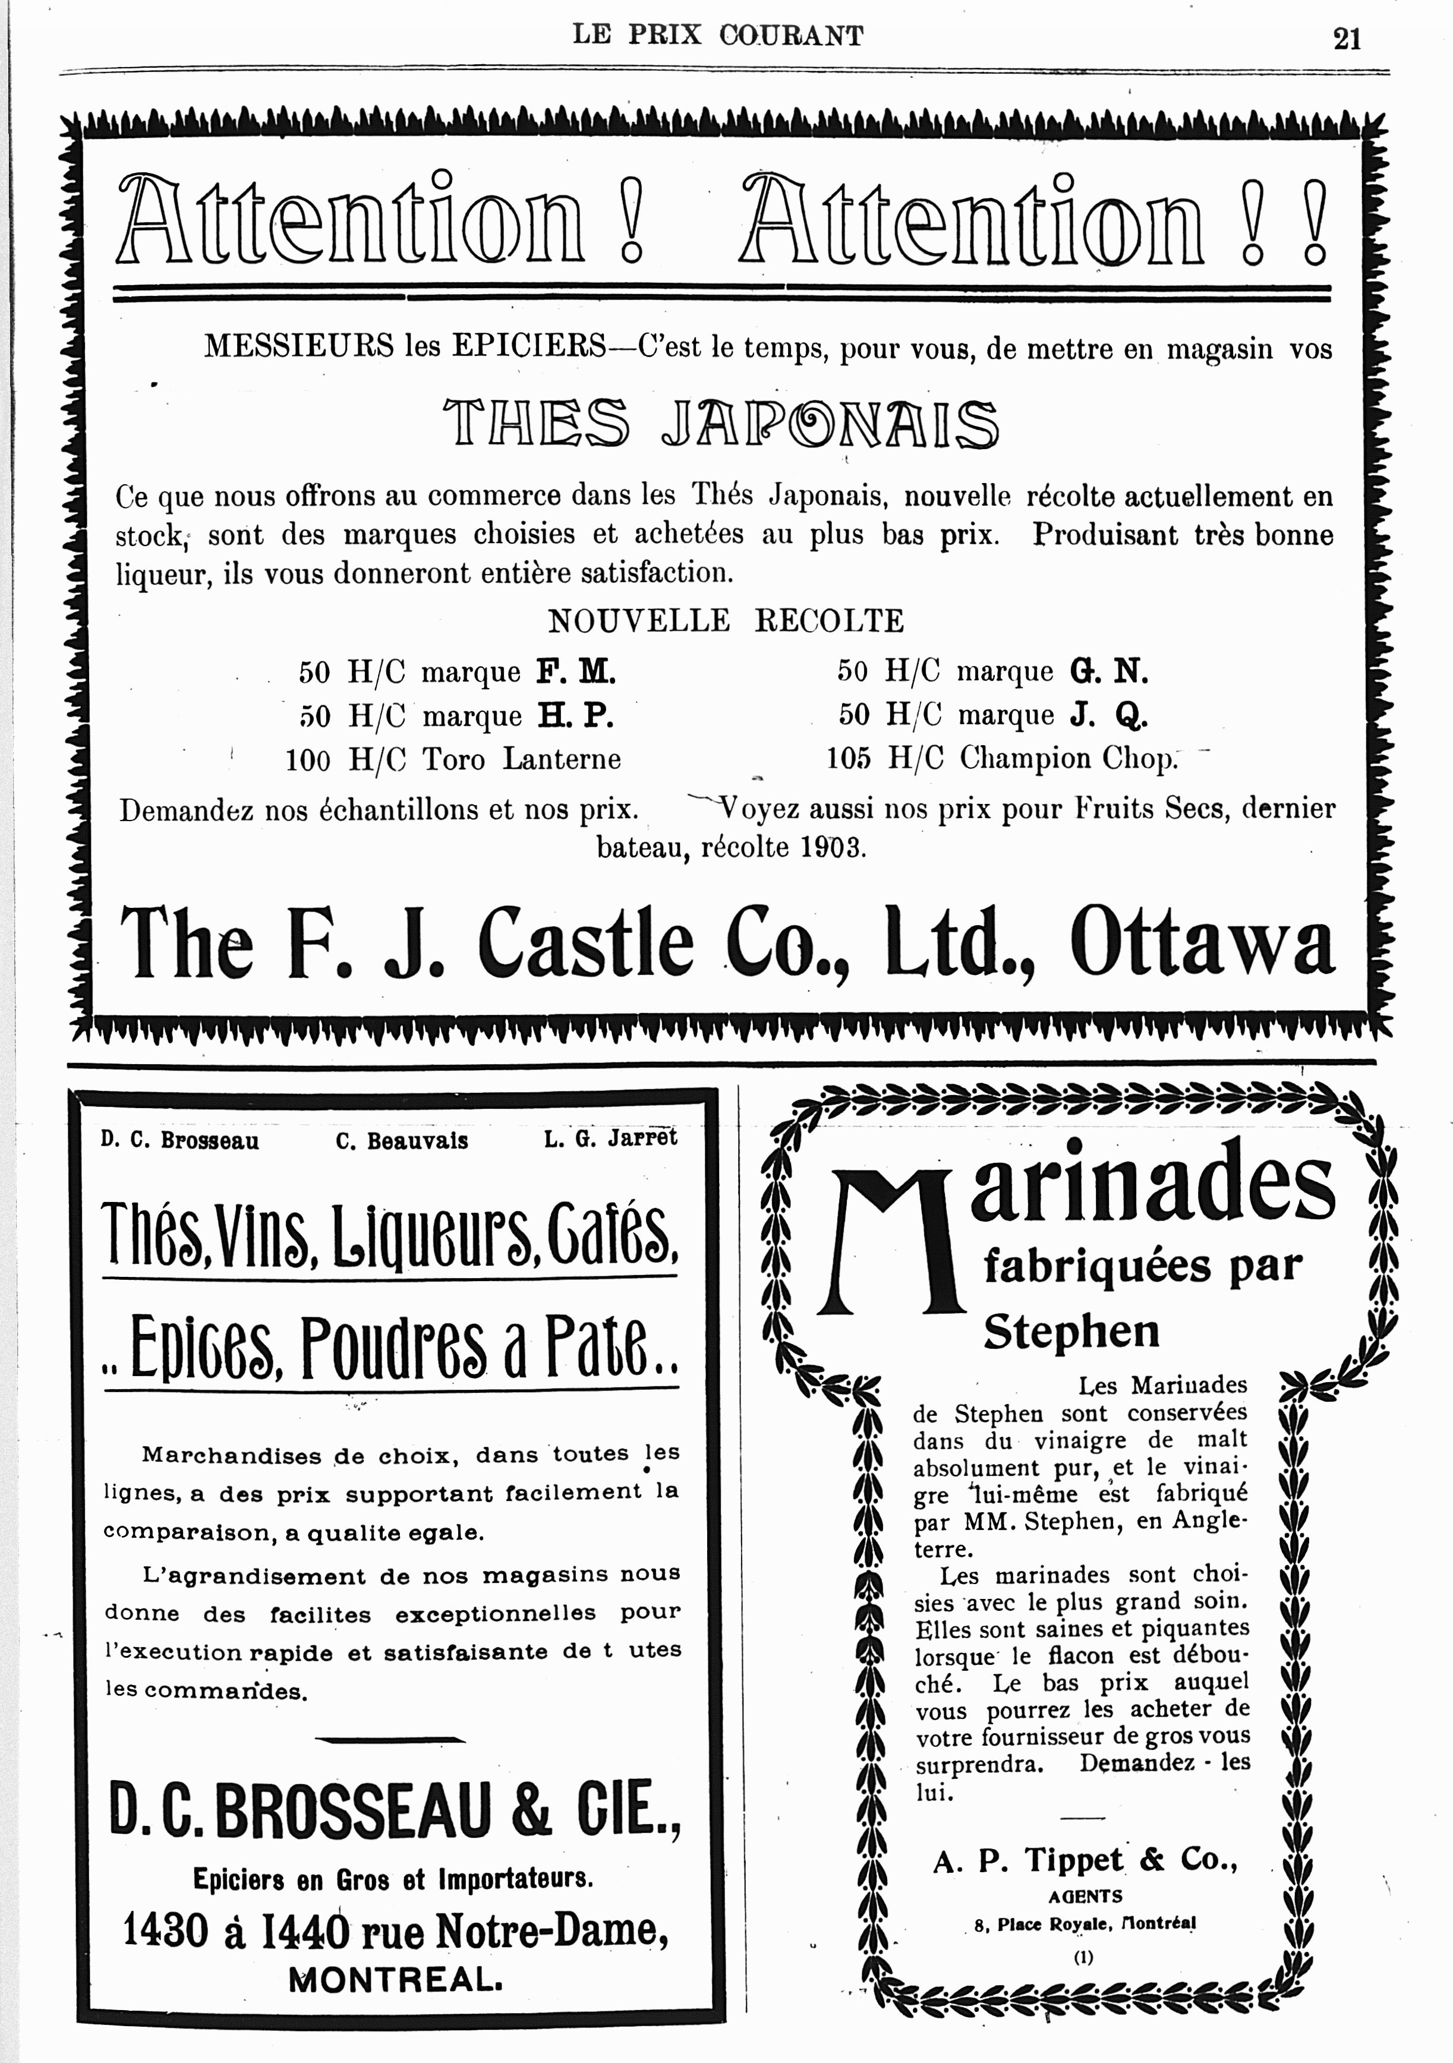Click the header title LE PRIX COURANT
718,36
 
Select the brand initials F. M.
576,671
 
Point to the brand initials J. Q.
1109,715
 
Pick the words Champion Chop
1067,758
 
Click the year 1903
830,847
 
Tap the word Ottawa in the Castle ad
1202,942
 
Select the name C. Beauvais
402,1141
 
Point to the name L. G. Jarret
610,1139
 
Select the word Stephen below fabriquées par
1071,1332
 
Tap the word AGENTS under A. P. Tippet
1085,1897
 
